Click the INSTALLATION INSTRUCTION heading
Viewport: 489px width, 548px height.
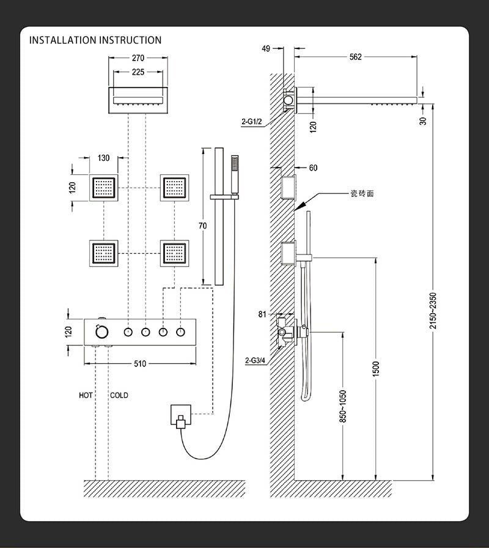95,40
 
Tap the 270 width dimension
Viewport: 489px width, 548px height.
138,59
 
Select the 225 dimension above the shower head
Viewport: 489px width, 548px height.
138,72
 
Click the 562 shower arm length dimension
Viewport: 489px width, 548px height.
355,57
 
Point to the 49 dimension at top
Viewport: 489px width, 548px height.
265,48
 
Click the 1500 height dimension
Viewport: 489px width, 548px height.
376,368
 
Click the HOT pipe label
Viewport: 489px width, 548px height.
86,396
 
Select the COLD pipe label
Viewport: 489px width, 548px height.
119,396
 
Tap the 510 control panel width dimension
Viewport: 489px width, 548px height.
140,364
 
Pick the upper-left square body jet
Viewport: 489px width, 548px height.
104,187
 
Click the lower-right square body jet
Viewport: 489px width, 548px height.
174,252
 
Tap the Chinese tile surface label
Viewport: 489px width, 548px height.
361,193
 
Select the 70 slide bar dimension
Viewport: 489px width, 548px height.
203,226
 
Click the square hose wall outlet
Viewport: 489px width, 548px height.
180,418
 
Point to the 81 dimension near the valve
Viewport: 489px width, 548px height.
262,314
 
